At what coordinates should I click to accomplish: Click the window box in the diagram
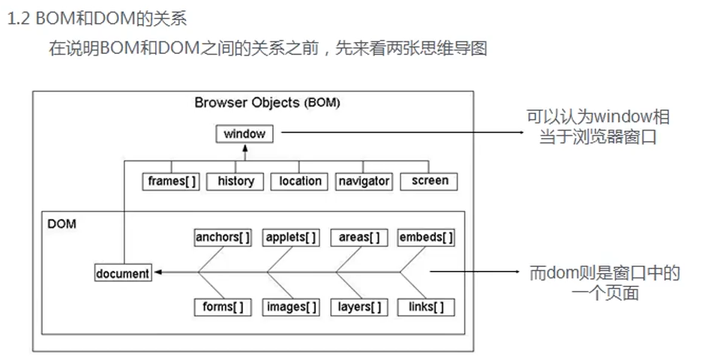click(x=244, y=134)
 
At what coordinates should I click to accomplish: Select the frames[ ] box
click(x=171, y=181)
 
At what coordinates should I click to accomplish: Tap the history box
click(x=235, y=181)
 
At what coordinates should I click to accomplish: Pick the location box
click(x=300, y=181)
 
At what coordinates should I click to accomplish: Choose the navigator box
click(x=364, y=181)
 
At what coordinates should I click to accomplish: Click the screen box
click(x=429, y=181)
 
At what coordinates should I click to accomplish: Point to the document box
click(x=123, y=274)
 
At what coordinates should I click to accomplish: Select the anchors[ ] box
click(x=223, y=238)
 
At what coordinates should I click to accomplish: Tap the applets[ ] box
click(x=292, y=238)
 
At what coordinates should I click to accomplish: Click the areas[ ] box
click(x=358, y=238)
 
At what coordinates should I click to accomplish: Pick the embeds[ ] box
click(x=426, y=238)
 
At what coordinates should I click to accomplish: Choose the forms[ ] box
click(x=223, y=307)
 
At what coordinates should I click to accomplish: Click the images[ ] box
click(x=292, y=307)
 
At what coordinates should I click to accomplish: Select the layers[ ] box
click(x=358, y=307)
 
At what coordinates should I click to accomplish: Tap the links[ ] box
click(x=426, y=307)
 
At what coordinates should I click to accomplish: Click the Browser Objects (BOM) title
click(x=267, y=103)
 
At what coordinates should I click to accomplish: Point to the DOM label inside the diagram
click(x=61, y=223)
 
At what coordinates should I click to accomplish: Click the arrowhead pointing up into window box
click(x=244, y=148)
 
